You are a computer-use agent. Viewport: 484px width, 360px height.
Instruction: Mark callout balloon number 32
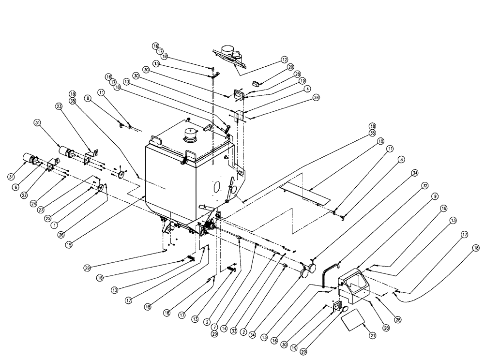point(425,185)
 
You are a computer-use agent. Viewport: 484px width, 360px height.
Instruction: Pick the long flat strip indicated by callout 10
point(305,192)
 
